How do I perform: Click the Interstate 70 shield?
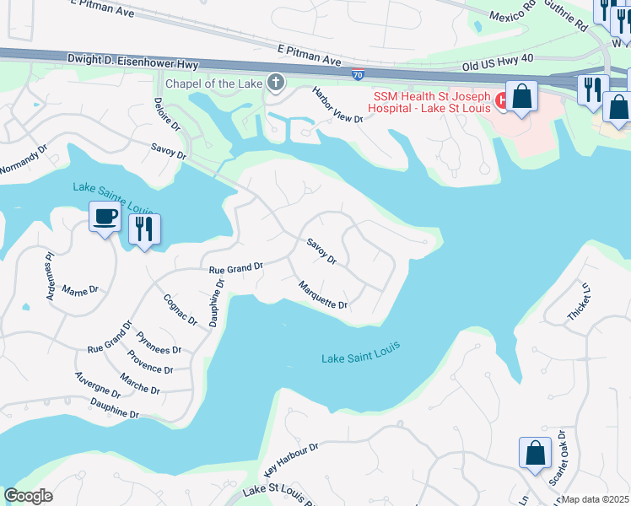click(359, 74)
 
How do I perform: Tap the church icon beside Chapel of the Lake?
click(274, 83)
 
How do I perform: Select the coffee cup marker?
click(105, 218)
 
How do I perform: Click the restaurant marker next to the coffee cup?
click(144, 228)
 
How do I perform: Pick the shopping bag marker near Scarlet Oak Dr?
click(535, 454)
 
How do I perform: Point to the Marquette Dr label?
click(323, 294)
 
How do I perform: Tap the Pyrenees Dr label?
click(159, 343)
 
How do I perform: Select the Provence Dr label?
click(151, 364)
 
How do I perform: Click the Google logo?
click(28, 496)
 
